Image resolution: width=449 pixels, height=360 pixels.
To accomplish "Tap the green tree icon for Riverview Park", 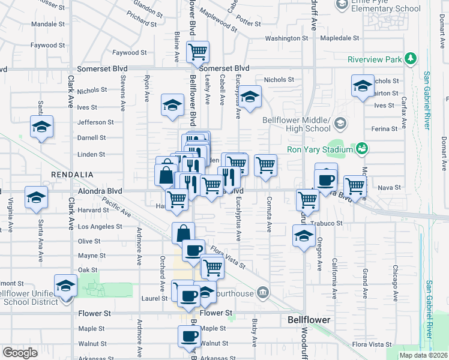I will pos(411,59).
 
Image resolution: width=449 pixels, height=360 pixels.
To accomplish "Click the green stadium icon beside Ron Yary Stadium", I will pos(361,148).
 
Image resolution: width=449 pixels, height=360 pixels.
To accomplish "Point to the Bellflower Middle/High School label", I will pos(297,124).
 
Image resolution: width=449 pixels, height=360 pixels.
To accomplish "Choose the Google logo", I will pos(20,352).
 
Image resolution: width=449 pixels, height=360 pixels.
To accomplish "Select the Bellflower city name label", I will pos(309,320).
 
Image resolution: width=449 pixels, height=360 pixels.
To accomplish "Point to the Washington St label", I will pos(286,38).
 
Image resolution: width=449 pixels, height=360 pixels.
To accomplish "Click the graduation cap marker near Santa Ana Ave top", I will pos(41,127).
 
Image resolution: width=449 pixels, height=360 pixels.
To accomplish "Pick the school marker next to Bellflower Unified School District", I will pos(65,286).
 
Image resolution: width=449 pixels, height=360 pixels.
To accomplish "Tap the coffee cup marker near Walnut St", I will pos(189,337).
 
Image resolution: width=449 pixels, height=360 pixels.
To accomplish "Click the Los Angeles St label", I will pos(100,227).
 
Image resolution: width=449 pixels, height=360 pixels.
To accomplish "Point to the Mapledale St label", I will pos(339,38).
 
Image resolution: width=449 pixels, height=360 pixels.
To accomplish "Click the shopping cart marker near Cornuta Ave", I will pos(265,165).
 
